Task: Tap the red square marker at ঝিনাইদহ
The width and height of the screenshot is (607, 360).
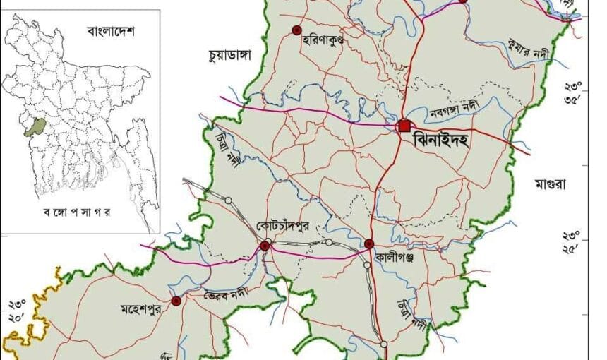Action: (x=404, y=126)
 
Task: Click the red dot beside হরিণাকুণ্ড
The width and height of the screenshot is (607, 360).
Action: (x=296, y=30)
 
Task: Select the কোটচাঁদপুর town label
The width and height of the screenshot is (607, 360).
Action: (x=282, y=226)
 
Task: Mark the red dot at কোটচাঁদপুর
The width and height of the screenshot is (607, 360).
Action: (x=265, y=246)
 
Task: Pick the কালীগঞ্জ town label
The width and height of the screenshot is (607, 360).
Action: (x=395, y=258)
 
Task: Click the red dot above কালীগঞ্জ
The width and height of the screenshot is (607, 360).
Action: (x=368, y=244)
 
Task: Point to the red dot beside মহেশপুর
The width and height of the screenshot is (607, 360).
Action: (x=176, y=301)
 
